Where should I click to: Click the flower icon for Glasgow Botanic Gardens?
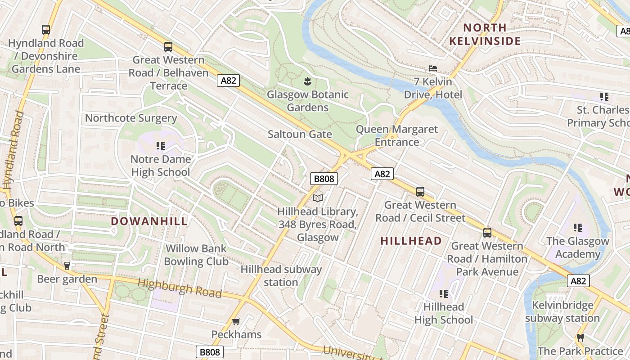307,81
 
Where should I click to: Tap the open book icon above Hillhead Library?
318,198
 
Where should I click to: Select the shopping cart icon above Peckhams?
236,321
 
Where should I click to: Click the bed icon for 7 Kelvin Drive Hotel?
432,68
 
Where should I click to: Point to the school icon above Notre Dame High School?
160,146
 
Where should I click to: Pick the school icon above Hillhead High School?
444,294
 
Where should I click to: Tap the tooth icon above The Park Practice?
580,337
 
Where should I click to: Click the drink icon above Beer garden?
67,266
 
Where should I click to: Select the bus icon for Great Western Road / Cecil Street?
420,192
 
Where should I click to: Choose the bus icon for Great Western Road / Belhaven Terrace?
168,46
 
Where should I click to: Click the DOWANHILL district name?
149,221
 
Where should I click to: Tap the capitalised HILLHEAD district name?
411,241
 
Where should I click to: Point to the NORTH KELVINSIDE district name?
485,34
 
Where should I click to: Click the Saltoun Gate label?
300,134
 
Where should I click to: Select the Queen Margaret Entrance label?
396,135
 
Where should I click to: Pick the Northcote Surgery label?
131,118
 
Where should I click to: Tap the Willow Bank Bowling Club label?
196,255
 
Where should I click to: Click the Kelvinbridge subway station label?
562,311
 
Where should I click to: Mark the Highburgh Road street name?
180,288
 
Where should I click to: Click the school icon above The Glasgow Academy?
578,228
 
